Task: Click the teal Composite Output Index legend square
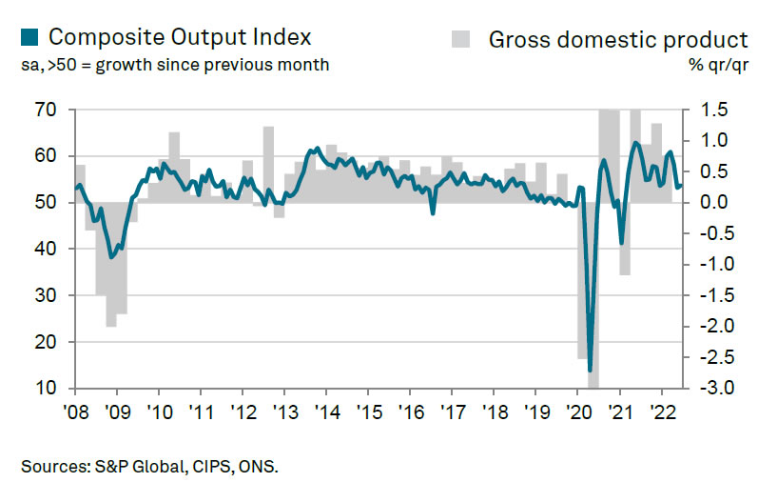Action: pos(29,37)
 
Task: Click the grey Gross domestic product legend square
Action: pos(460,39)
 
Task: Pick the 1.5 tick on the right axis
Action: pos(715,110)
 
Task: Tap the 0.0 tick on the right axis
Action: pos(715,203)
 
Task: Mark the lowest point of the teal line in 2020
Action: pos(591,370)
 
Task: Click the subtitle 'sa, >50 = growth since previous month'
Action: pos(174,66)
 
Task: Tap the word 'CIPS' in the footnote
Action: pos(214,466)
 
